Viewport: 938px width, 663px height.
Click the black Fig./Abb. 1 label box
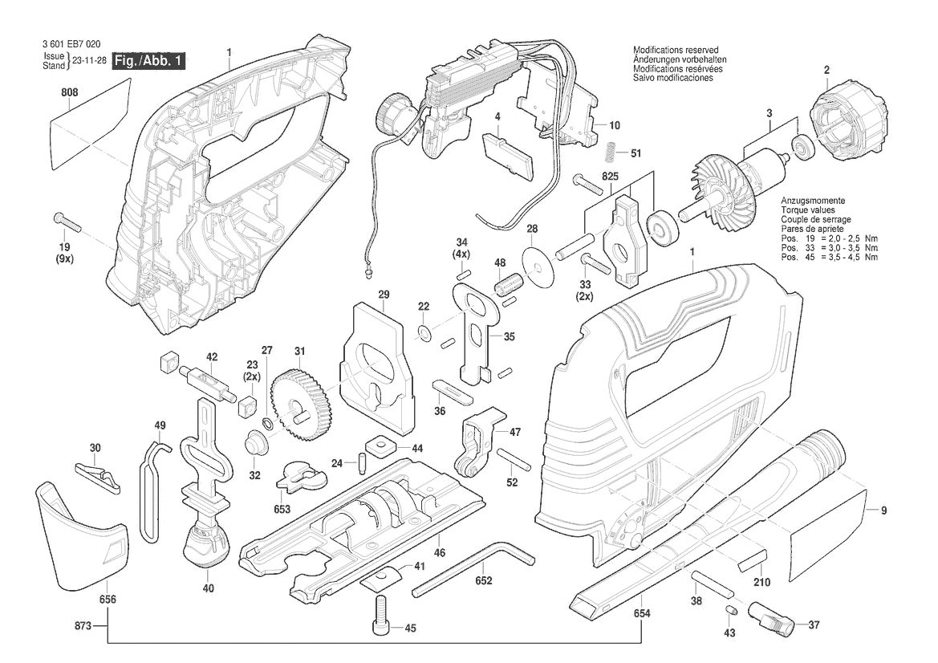pos(149,61)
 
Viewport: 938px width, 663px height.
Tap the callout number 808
pos(70,93)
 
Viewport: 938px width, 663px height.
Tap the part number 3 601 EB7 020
pos(71,43)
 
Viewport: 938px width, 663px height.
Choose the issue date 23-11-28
pos(89,60)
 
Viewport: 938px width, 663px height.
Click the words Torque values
pos(807,210)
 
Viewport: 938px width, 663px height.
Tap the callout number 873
pos(83,626)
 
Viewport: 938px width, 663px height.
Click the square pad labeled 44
pos(379,446)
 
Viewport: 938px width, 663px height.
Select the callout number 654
pos(641,613)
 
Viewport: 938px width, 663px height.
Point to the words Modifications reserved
pos(676,51)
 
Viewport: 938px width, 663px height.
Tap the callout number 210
pos(761,582)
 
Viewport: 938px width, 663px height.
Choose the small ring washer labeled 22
pos(424,331)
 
